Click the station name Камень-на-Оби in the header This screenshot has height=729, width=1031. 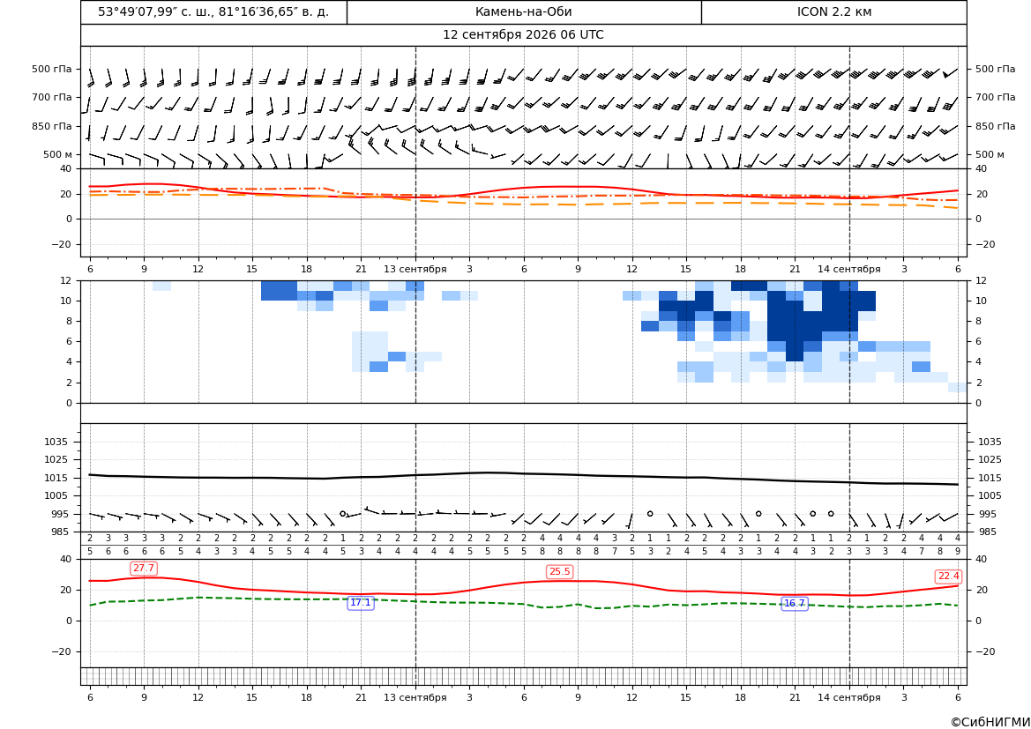(x=523, y=11)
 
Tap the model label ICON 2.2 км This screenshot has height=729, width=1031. (x=833, y=11)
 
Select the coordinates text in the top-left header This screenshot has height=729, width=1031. (x=213, y=11)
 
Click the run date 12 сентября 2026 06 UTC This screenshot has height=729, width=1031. (x=523, y=35)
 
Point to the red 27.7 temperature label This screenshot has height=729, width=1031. (x=144, y=568)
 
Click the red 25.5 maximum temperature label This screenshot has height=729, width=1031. (x=559, y=571)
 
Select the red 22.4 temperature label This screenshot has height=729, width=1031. (x=948, y=576)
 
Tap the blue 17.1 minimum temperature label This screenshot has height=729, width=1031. (x=361, y=602)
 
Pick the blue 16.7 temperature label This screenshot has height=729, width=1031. (x=795, y=603)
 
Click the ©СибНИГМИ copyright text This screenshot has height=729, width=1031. (x=990, y=722)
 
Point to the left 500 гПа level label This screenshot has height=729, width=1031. (x=52, y=69)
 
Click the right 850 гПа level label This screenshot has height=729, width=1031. (x=996, y=126)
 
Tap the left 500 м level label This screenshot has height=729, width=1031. (x=58, y=154)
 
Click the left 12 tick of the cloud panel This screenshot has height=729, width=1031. (x=66, y=280)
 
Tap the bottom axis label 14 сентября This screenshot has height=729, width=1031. (x=848, y=697)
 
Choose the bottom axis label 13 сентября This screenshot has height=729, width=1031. (x=415, y=697)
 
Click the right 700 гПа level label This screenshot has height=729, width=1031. (x=996, y=97)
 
